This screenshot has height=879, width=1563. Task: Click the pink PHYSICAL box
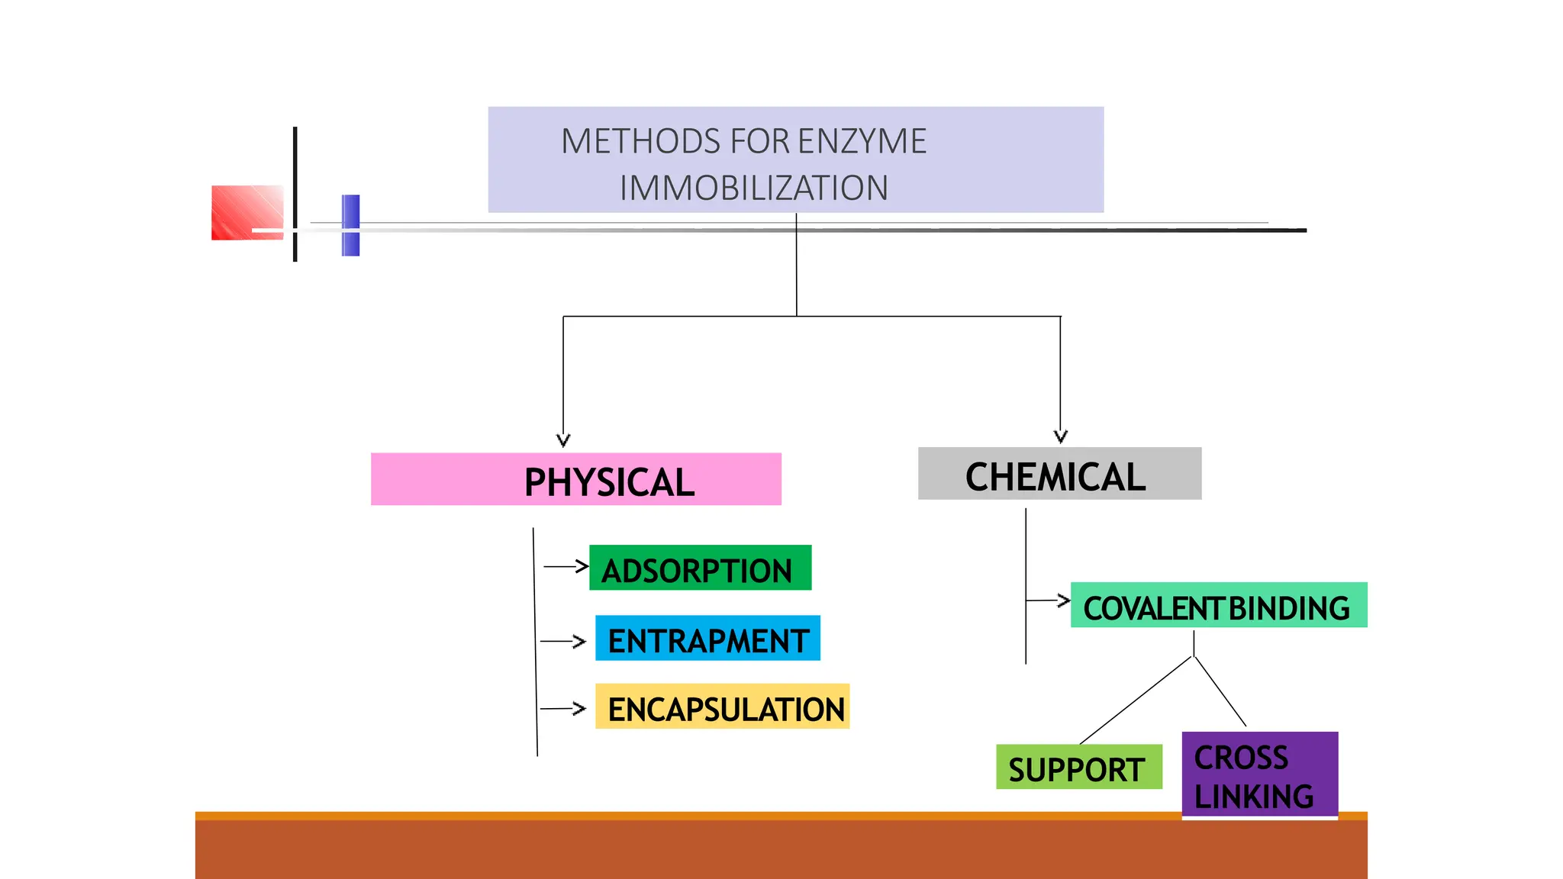click(x=576, y=479)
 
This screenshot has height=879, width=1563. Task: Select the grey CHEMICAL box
click(x=1059, y=474)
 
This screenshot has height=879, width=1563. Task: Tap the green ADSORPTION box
click(x=700, y=568)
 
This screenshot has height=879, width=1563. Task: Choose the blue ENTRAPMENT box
click(x=707, y=639)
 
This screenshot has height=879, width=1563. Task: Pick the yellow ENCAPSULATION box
click(x=722, y=707)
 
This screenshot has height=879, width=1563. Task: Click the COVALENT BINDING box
click(x=1218, y=606)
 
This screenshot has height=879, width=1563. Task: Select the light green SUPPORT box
click(x=1078, y=768)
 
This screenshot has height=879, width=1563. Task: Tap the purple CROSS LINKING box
click(x=1259, y=774)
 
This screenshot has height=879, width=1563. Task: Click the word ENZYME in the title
click(x=862, y=142)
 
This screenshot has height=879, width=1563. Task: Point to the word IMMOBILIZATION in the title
click(x=754, y=188)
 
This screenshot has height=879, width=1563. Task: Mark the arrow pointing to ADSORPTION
click(x=566, y=567)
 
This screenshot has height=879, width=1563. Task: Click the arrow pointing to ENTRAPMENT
click(x=563, y=642)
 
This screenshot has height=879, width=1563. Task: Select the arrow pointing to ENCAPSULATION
click(x=563, y=709)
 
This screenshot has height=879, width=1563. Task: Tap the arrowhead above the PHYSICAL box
click(x=563, y=440)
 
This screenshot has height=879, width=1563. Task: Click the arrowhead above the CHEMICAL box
click(x=1060, y=436)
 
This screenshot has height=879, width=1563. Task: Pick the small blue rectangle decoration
click(x=350, y=225)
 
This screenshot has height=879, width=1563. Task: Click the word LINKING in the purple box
click(x=1254, y=797)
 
